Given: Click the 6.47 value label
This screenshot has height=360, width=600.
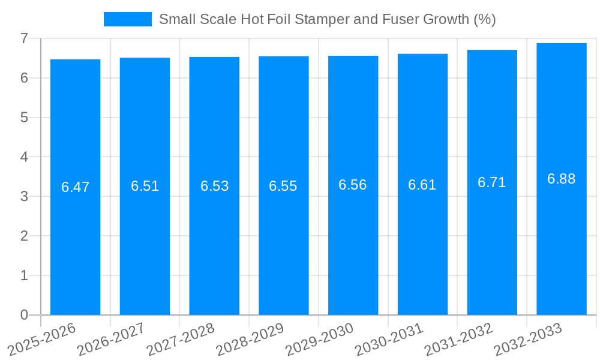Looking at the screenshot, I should coord(75,187).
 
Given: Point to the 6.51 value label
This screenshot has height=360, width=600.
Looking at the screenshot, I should coord(145,186).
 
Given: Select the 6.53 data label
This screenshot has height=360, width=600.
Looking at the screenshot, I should coord(214,186).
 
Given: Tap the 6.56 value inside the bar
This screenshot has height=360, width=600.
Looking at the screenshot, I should coord(353,185).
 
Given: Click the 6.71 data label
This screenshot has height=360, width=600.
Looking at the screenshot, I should coord(491,183).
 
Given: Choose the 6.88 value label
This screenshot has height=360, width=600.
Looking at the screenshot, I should coord(561,179).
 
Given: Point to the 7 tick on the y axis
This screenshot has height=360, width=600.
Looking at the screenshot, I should coord(24,38).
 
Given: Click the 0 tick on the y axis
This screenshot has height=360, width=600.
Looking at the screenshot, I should coord(24,315).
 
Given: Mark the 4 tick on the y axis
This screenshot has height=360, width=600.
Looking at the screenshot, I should coord(24,157).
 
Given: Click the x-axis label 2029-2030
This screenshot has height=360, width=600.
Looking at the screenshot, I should coord(319,340).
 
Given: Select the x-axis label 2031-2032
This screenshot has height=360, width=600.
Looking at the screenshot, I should coord(458,340).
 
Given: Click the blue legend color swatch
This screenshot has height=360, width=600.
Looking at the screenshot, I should coord(127,19).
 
